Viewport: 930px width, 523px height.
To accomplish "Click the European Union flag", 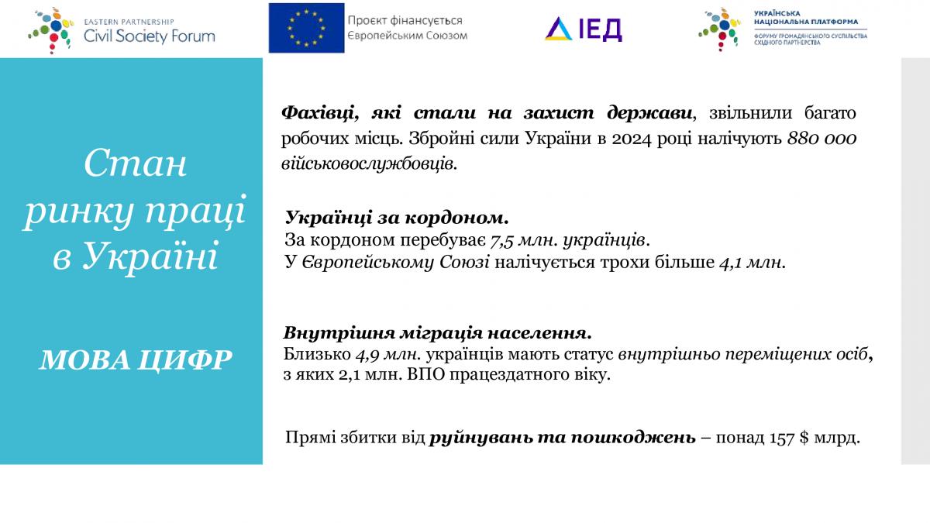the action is (x=306, y=28).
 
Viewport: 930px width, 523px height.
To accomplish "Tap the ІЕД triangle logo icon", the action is (x=559, y=29).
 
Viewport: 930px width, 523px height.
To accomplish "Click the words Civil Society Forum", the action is (x=150, y=36).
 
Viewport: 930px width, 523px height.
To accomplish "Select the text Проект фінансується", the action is (x=405, y=20).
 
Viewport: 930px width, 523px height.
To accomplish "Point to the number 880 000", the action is (x=821, y=139).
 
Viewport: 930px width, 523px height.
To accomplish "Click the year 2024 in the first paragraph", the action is (x=631, y=139).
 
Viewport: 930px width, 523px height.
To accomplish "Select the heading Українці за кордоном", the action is (x=397, y=218).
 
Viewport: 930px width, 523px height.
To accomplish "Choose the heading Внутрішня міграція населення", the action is (x=438, y=333).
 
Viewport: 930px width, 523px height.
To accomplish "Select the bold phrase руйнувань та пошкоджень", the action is (x=562, y=438).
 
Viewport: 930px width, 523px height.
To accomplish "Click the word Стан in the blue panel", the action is (x=136, y=163).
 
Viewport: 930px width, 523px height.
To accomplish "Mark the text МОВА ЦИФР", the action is (x=136, y=360).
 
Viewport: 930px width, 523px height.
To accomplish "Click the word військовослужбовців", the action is (x=369, y=164).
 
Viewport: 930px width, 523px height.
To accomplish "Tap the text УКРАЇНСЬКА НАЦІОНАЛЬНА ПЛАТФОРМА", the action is (x=806, y=17).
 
